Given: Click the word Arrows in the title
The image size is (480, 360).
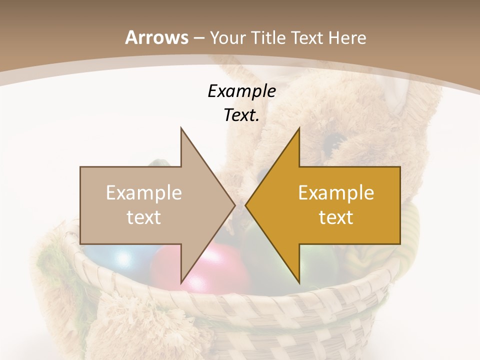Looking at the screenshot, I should (x=157, y=37).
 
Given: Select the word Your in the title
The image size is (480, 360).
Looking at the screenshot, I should (x=227, y=37).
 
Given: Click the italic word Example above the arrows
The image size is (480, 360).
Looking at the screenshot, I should (x=241, y=91).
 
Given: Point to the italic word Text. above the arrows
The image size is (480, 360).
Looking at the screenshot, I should (x=241, y=115).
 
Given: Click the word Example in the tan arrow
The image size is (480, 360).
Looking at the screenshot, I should (x=144, y=192).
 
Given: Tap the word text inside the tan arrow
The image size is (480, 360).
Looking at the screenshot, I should (x=144, y=217).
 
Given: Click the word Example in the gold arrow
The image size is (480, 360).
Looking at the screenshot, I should (x=336, y=192).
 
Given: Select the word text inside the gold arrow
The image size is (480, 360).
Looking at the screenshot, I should (x=336, y=217).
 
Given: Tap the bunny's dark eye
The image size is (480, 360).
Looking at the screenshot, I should (x=332, y=142).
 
